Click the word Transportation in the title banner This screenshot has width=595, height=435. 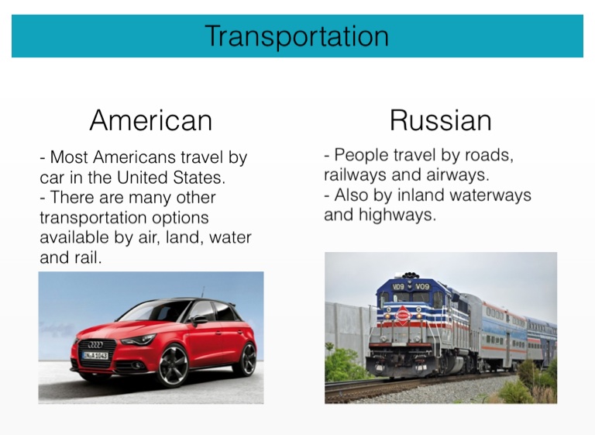click(x=297, y=36)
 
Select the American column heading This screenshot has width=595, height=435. click(x=150, y=120)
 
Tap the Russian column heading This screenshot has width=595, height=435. click(x=441, y=120)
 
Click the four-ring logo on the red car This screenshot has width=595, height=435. click(x=95, y=344)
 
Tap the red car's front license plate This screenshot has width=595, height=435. click(x=95, y=356)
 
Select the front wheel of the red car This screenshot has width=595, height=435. click(x=173, y=366)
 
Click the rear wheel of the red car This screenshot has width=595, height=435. click(x=247, y=359)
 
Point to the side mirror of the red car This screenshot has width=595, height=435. click(x=199, y=320)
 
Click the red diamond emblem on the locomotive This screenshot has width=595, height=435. click(x=403, y=316)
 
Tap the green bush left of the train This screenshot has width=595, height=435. click(x=343, y=364)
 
